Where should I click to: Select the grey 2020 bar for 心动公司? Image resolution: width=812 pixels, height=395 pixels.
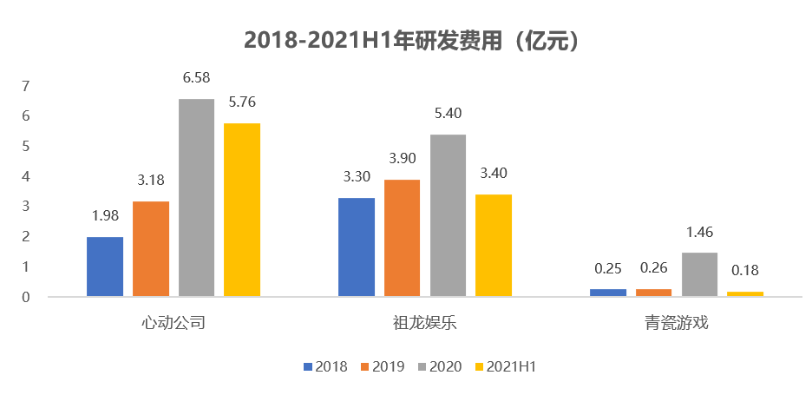point(196,198)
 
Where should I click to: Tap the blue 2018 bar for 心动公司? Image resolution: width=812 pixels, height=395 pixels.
point(105,267)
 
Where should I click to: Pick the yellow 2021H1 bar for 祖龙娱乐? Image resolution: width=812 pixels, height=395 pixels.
point(494,246)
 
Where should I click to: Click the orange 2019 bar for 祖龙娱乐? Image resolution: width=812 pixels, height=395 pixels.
point(402,238)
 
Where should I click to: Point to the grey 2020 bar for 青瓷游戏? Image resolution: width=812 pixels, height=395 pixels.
point(699,274)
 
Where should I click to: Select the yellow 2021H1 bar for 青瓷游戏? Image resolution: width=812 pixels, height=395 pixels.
point(745,293)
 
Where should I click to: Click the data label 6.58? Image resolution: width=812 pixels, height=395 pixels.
point(196,79)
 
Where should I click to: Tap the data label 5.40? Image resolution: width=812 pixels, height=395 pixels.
point(448,115)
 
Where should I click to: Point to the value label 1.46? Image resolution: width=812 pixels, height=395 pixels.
point(699,233)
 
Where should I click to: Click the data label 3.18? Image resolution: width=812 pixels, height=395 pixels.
point(151,181)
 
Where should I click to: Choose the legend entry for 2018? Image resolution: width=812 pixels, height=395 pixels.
point(325,366)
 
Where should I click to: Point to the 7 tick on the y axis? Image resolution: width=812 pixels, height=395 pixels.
point(26,86)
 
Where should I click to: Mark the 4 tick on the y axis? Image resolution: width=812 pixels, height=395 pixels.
point(26,176)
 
